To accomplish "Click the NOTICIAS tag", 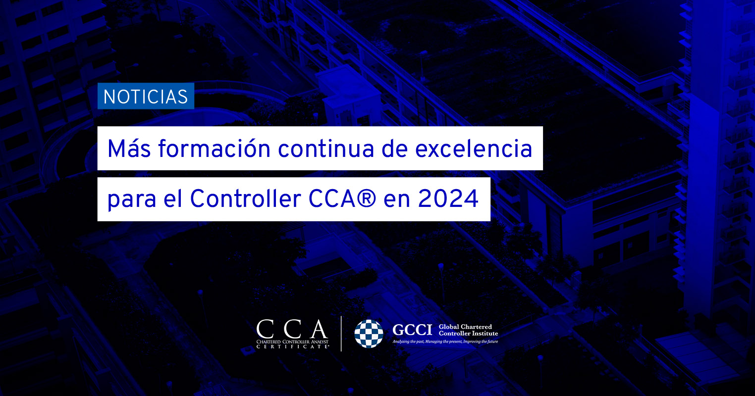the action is pyautogui.click(x=146, y=96).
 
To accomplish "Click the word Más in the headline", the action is pyautogui.click(x=129, y=148).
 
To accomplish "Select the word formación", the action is pyautogui.click(x=214, y=148).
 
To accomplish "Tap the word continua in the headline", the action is pyautogui.click(x=325, y=148).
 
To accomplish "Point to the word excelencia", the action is pyautogui.click(x=473, y=148).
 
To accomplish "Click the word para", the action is pyautogui.click(x=132, y=199).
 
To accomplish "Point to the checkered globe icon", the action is pyautogui.click(x=369, y=334).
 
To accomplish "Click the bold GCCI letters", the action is pyautogui.click(x=412, y=330).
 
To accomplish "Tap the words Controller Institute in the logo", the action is pyautogui.click(x=468, y=333).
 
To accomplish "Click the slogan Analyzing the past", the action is pyautogui.click(x=408, y=342).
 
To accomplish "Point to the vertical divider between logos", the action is pyautogui.click(x=341, y=334).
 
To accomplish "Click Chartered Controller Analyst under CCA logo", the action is pyautogui.click(x=292, y=342).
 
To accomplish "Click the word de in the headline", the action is pyautogui.click(x=394, y=148).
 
